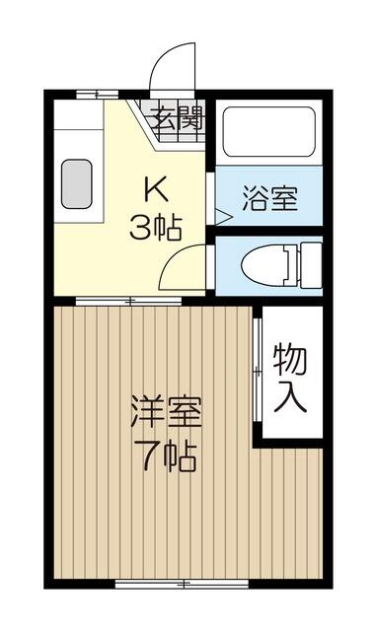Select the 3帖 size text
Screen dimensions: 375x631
pos(156,228)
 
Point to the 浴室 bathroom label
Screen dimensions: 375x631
pos(269,198)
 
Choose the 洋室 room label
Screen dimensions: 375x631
pos(166,412)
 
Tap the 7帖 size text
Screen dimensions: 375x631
pos(166,456)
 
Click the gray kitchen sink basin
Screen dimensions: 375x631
pos(77,184)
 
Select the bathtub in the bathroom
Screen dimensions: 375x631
pos(269,131)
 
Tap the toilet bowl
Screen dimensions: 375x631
pos(265,265)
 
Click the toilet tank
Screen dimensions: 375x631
pos(311,265)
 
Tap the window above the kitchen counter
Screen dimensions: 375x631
pos(98,95)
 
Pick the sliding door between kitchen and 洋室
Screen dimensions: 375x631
pos(129,301)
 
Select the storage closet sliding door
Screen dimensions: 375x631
pos(257,371)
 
